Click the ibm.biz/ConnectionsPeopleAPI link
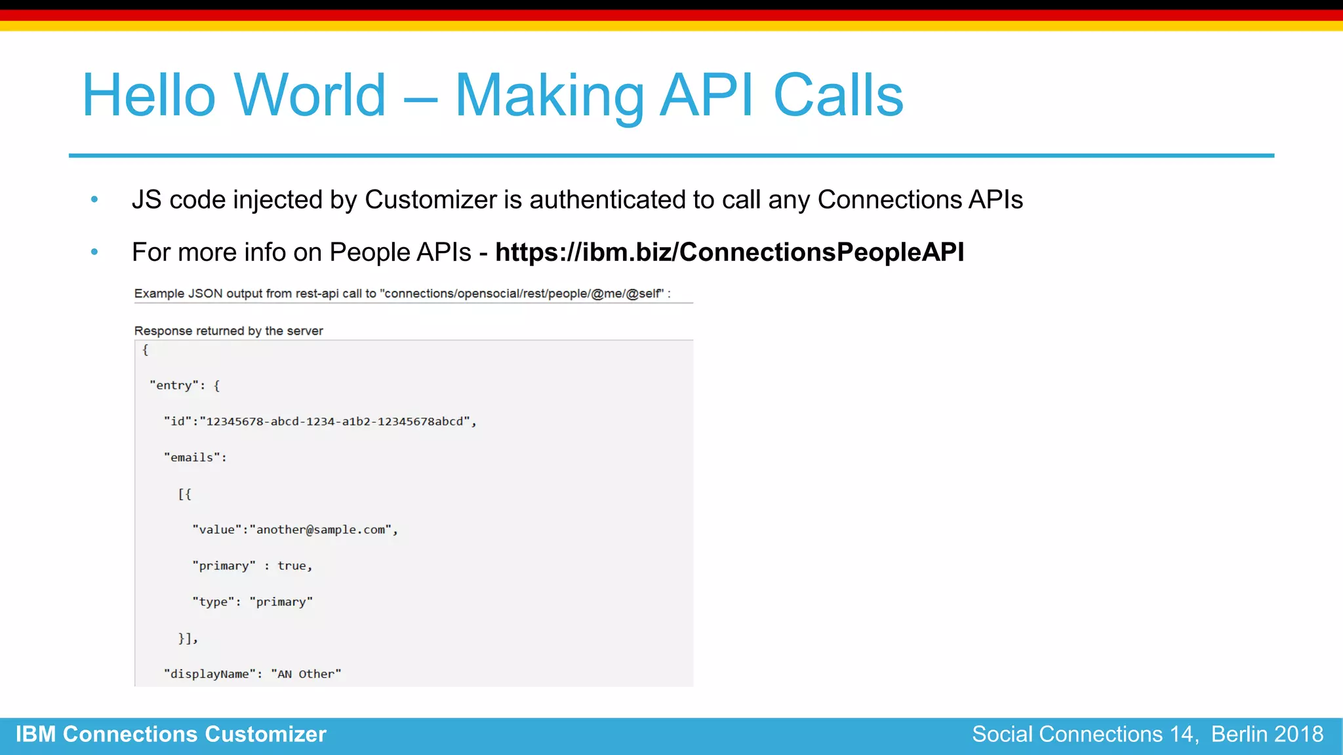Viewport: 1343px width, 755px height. [729, 252]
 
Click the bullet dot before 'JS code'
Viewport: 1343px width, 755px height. [94, 199]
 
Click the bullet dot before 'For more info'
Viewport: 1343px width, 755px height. [94, 252]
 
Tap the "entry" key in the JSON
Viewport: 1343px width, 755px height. [174, 385]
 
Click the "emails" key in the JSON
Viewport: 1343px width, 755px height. [191, 457]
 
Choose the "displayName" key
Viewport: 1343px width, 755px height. [209, 674]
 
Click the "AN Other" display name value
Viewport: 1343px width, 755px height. [306, 674]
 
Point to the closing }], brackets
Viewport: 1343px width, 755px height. [188, 638]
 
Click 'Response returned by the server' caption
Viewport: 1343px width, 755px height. [228, 331]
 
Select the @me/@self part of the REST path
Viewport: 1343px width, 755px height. [627, 294]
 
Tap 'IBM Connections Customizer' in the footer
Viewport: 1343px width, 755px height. [170, 734]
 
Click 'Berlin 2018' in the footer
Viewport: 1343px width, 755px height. [1267, 734]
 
